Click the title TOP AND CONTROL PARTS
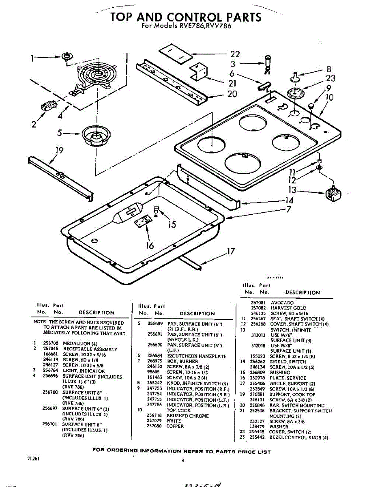click(186, 17)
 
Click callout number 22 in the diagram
click(235, 54)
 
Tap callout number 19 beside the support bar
click(60, 151)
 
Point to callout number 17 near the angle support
click(231, 251)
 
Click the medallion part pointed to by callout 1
click(67, 56)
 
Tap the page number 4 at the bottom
click(183, 460)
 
